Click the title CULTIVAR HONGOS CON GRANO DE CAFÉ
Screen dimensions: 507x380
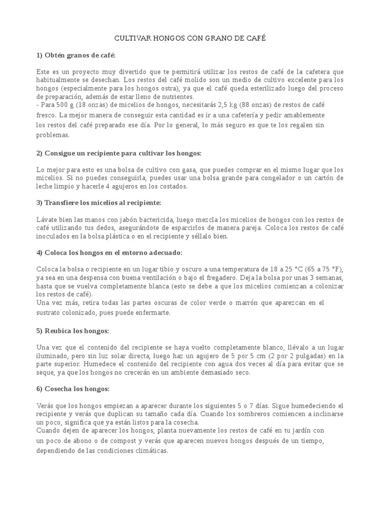pyautogui.click(x=190, y=38)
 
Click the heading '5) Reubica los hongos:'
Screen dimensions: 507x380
pyautogui.click(x=73, y=330)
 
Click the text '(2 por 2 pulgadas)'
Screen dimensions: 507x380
pyautogui.click(x=299, y=356)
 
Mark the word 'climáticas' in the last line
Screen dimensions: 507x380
pyautogui.click(x=151, y=451)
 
